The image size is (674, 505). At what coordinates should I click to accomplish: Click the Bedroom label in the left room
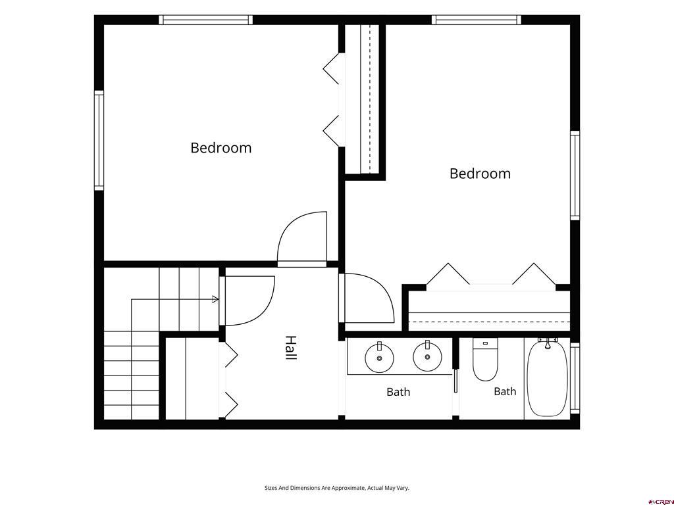coord(221,148)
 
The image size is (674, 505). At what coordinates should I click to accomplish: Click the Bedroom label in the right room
coord(480,174)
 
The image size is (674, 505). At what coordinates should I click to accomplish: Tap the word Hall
coord(291,348)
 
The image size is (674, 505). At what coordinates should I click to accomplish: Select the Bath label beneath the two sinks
coord(398,392)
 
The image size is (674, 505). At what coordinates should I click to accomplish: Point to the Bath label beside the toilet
coord(505,391)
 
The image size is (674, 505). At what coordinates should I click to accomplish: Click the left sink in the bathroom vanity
coord(379,357)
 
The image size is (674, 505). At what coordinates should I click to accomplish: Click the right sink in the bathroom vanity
coord(427,356)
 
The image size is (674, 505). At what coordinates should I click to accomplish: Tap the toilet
coord(485,360)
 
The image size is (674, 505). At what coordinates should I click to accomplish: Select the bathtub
coord(547,377)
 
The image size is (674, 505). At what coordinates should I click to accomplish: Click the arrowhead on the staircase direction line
coord(215,299)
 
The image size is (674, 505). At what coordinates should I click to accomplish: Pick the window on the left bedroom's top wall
coord(206,20)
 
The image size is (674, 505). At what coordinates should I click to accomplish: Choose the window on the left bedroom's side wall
coord(99,141)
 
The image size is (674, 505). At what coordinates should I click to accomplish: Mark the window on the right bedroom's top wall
coord(477,20)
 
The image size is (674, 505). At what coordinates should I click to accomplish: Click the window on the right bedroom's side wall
coord(575,175)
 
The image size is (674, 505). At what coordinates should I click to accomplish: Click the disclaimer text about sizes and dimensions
coord(336,488)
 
